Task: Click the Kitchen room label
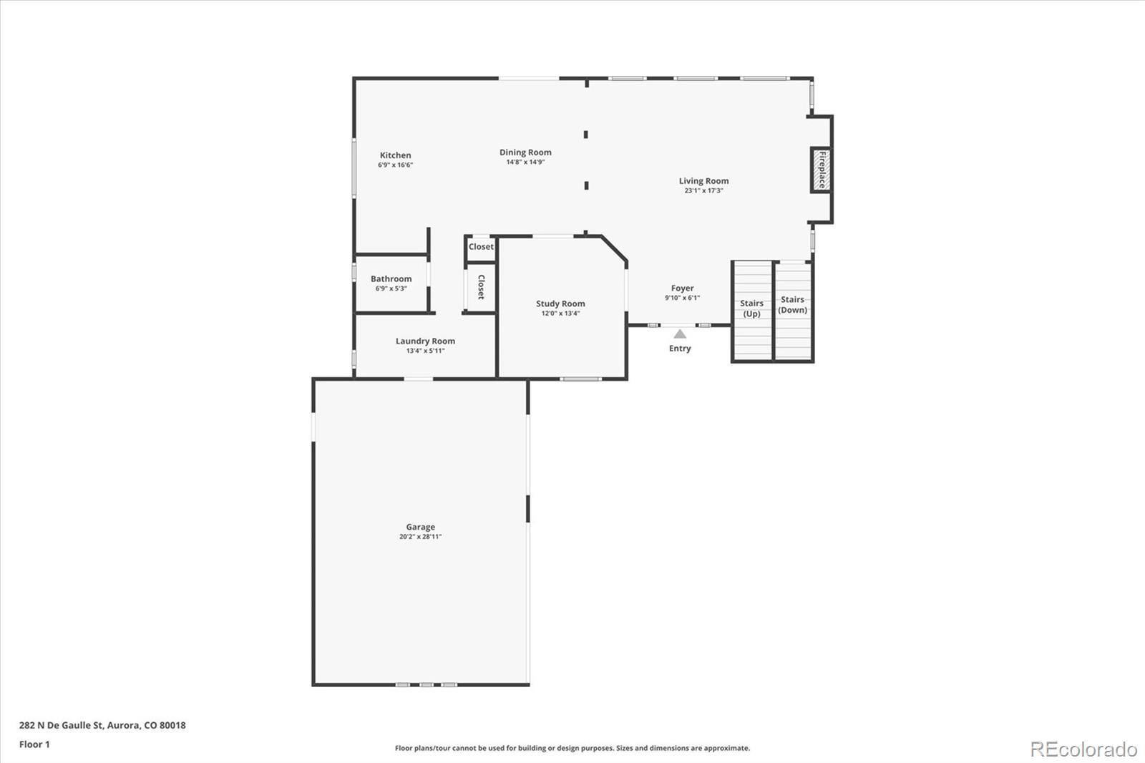tap(395, 155)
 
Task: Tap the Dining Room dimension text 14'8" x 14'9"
tap(525, 162)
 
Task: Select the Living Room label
tap(704, 181)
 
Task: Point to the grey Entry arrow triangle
tap(680, 334)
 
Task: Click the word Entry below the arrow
tap(680, 349)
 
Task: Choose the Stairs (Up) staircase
tap(752, 311)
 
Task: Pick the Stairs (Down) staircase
tap(794, 311)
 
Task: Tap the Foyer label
tap(683, 288)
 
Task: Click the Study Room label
tap(561, 303)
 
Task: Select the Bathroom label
tap(391, 278)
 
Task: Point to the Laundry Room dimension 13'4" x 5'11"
tap(425, 351)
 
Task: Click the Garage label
tap(421, 527)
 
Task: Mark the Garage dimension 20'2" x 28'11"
tap(421, 536)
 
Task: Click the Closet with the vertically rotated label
tap(481, 288)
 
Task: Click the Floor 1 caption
tap(35, 744)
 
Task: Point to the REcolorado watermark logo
tap(1083, 749)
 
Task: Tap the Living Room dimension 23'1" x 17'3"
tap(704, 190)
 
